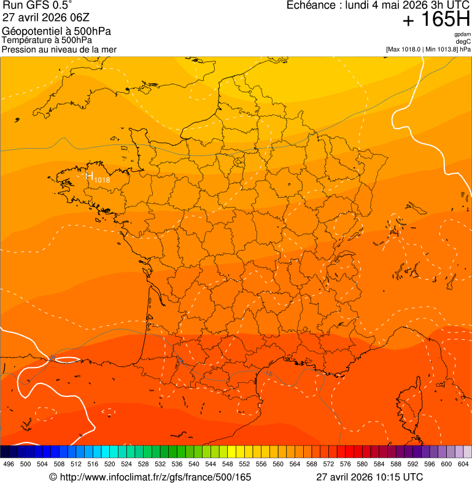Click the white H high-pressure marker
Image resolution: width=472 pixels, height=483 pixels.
click(90, 177)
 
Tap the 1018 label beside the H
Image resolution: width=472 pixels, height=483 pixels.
click(102, 180)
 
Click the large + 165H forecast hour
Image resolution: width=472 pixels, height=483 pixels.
click(436, 21)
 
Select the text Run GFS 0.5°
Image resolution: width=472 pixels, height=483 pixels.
click(37, 6)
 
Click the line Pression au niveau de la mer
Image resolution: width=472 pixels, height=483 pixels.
click(59, 49)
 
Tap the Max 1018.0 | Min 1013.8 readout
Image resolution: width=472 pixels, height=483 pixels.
click(428, 49)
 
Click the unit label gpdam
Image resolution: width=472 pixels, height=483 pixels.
click(463, 34)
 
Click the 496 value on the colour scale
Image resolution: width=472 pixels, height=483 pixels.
click(9, 464)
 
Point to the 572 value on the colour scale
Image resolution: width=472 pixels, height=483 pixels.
click(329, 464)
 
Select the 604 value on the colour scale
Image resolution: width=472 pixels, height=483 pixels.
click(463, 464)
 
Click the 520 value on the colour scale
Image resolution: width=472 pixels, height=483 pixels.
click(110, 464)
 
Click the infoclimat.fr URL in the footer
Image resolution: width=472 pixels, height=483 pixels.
click(150, 477)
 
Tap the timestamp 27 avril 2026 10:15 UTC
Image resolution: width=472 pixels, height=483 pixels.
click(369, 477)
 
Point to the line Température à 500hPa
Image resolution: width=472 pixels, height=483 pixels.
click(50, 41)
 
